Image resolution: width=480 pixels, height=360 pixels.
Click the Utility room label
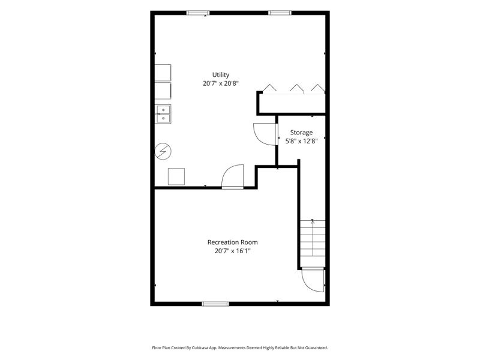pos(221,74)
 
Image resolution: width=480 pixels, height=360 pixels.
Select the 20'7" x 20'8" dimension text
pos(220,83)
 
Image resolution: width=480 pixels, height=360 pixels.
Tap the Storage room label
pos(301,133)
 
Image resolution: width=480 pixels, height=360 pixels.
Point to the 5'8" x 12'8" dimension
pos(301,141)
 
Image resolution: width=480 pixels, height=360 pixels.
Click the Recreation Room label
pos(232,242)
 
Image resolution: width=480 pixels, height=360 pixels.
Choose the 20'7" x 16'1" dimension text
pos(232,251)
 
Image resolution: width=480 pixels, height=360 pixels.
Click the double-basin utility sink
pos(163,114)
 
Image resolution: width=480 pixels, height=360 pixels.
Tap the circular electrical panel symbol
pos(163,151)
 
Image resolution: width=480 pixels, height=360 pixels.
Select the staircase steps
pos(312,244)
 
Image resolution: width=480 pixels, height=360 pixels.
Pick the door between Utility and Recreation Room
pos(233,176)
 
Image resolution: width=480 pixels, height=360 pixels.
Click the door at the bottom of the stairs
pos(313,280)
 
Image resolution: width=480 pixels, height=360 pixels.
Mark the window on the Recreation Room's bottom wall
pos(215,304)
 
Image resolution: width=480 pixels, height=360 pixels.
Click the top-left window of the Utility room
pos(198,13)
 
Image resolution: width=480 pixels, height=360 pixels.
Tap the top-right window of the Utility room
pos(280,13)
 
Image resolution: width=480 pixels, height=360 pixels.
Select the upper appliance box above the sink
pos(163,73)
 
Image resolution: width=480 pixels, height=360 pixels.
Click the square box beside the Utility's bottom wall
pos(176,176)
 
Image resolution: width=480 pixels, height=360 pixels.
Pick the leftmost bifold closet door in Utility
pos(269,88)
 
